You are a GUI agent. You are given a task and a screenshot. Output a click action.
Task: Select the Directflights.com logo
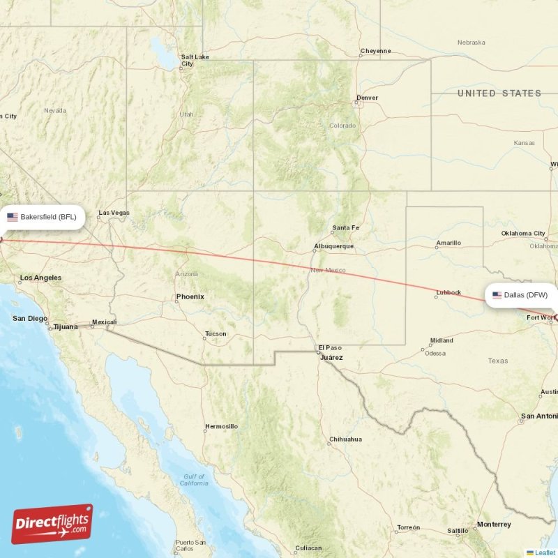tap(52, 524)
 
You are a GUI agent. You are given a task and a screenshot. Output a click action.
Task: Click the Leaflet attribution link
tap(545, 552)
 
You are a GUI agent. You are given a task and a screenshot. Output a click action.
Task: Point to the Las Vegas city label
tap(114, 213)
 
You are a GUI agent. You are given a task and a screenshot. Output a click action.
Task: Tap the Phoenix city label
tap(190, 296)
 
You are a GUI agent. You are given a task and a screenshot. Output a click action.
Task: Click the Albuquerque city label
tap(333, 246)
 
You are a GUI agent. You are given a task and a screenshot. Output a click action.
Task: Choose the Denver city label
tap(367, 98)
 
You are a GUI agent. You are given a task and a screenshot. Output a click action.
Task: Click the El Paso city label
tap(330, 347)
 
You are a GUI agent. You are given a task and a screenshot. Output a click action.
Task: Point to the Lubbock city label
tap(448, 293)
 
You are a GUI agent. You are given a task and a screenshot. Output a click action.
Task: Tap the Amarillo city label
tap(448, 243)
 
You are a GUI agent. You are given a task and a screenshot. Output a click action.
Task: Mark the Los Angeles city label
tap(40, 278)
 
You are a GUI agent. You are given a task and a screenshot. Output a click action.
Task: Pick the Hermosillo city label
tap(221, 426)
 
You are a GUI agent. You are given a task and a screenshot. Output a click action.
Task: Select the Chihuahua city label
tap(345, 439)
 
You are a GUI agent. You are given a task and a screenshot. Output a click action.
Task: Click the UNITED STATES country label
tap(499, 93)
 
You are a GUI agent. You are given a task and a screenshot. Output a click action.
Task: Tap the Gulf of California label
tap(193, 480)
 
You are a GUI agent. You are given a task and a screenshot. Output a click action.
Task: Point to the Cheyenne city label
tap(375, 51)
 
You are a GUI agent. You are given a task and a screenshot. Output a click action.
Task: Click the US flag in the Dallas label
tap(497, 295)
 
